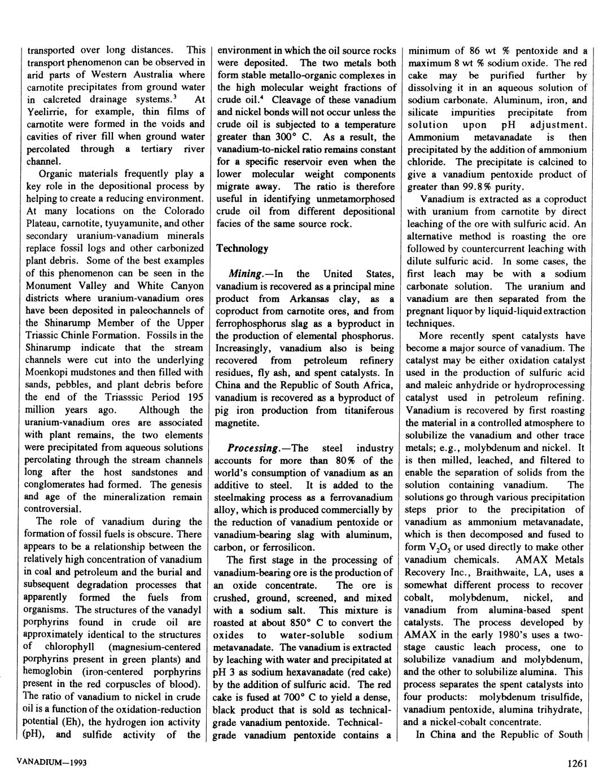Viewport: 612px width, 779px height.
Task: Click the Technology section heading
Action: point(242,248)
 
